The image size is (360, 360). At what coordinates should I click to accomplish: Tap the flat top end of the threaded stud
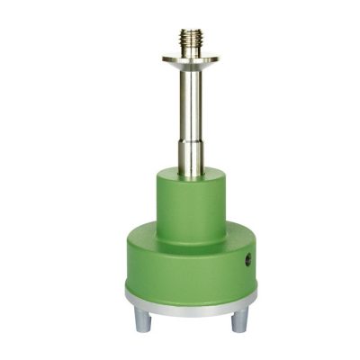pyautogui.click(x=190, y=31)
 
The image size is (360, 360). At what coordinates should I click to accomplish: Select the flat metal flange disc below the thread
pyautogui.click(x=190, y=59)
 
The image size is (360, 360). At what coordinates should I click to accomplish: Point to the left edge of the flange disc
pyautogui.click(x=164, y=59)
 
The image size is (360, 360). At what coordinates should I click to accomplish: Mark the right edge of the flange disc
pyautogui.click(x=217, y=59)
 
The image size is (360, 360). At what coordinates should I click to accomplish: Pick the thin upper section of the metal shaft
pyautogui.click(x=190, y=99)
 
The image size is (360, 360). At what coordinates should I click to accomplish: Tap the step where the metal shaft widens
pyautogui.click(x=190, y=135)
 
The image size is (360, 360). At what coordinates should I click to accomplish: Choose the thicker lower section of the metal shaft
pyautogui.click(x=190, y=153)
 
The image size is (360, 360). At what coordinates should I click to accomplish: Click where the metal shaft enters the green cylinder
pyautogui.click(x=190, y=172)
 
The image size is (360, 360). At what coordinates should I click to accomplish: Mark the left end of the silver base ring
pyautogui.click(x=127, y=294)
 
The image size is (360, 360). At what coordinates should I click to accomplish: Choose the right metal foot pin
pyautogui.click(x=240, y=318)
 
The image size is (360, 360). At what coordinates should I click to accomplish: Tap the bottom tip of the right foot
pyautogui.click(x=240, y=329)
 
